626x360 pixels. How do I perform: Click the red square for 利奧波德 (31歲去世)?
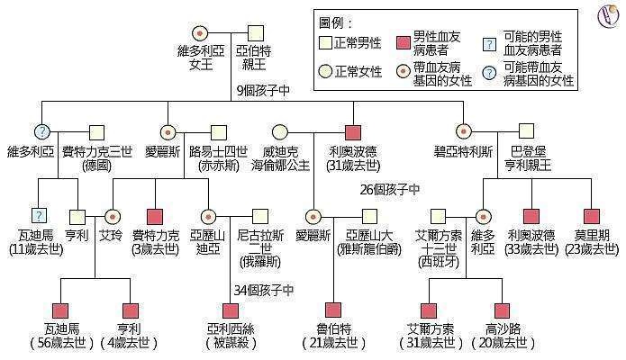coord(353,131)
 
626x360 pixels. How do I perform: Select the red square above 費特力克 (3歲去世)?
coord(156,216)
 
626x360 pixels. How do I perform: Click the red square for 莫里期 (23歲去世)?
coord(591,216)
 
